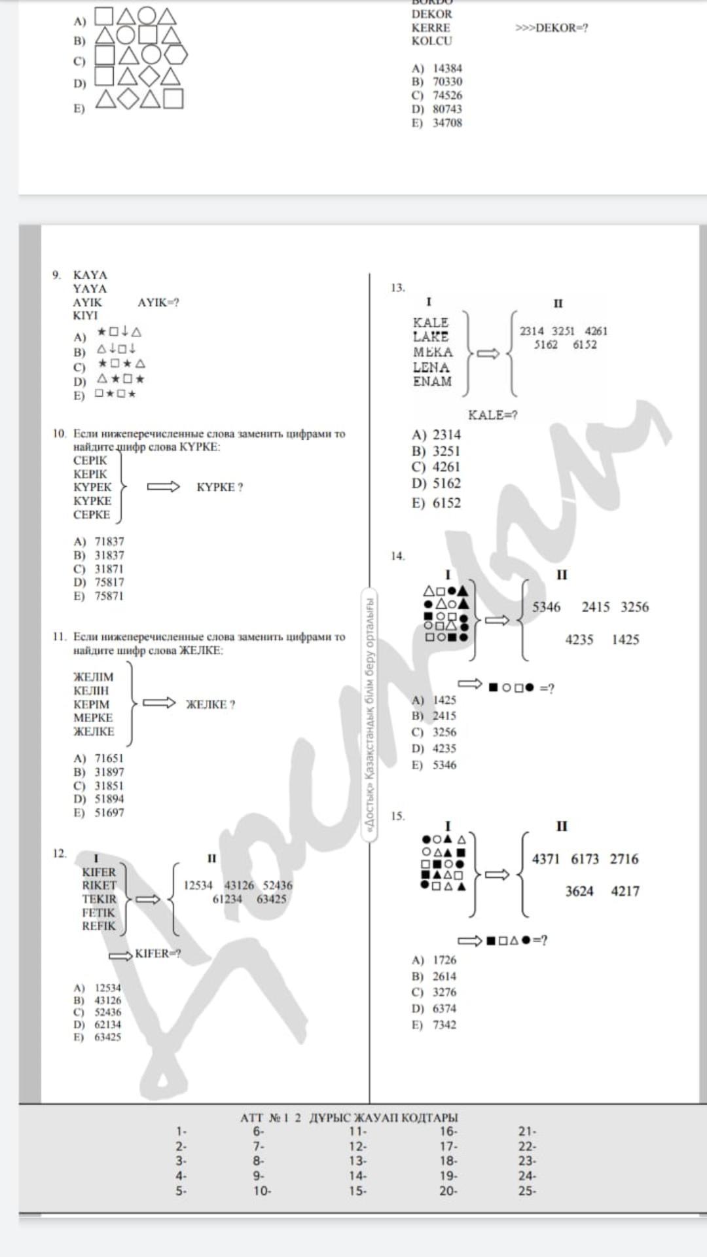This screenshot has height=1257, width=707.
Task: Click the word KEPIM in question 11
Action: [x=91, y=704]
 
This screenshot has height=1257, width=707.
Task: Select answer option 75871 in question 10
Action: [x=109, y=596]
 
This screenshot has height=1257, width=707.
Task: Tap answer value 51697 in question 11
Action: [x=109, y=812]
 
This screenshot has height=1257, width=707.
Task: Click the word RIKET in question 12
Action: [x=99, y=885]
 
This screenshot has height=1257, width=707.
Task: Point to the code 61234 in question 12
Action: [x=227, y=899]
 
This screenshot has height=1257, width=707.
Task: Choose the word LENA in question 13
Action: [x=431, y=367]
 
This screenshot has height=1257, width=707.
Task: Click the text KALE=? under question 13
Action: [x=492, y=415]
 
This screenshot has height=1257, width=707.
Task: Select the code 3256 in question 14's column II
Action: [x=634, y=607]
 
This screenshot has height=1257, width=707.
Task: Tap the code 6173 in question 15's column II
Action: [x=585, y=859]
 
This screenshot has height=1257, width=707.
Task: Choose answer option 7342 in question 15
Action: [x=444, y=1025]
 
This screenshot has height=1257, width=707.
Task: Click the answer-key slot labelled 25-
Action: [x=527, y=1191]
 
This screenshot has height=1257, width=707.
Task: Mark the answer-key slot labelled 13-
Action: [x=357, y=1161]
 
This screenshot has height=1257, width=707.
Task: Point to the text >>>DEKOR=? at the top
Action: [x=551, y=27]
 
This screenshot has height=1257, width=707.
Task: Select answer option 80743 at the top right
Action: [x=447, y=109]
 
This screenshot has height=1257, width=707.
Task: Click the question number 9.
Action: [x=57, y=275]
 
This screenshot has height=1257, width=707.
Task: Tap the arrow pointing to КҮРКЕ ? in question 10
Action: [x=163, y=486]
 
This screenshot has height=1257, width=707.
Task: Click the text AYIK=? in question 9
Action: [x=158, y=302]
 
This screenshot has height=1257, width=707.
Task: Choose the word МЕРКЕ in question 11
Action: [x=93, y=718]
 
